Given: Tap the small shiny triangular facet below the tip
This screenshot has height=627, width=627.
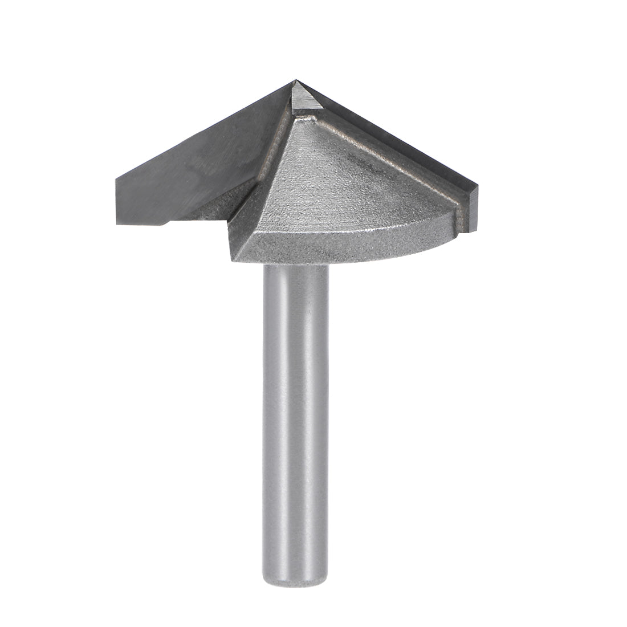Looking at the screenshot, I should [302, 97].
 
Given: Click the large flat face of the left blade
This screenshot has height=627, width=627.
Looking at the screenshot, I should [188, 165].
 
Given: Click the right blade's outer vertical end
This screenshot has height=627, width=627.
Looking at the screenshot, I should [471, 211].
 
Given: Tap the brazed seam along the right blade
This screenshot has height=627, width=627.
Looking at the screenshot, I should [388, 160].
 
